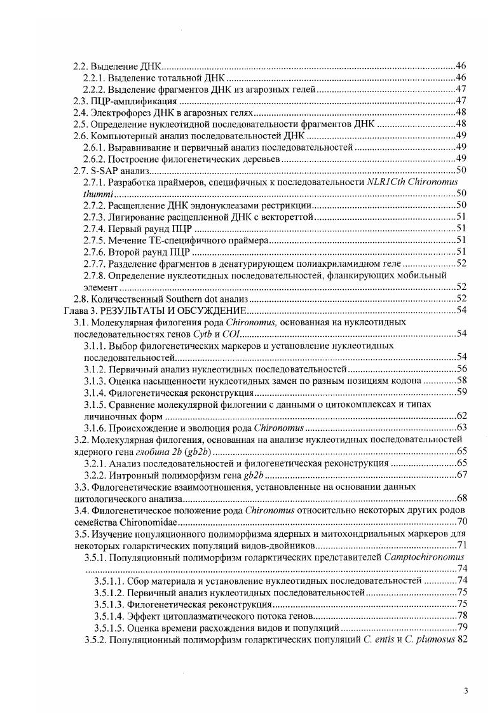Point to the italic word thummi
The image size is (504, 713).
tap(96, 193)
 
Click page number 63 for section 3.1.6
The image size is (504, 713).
tap(462, 427)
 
